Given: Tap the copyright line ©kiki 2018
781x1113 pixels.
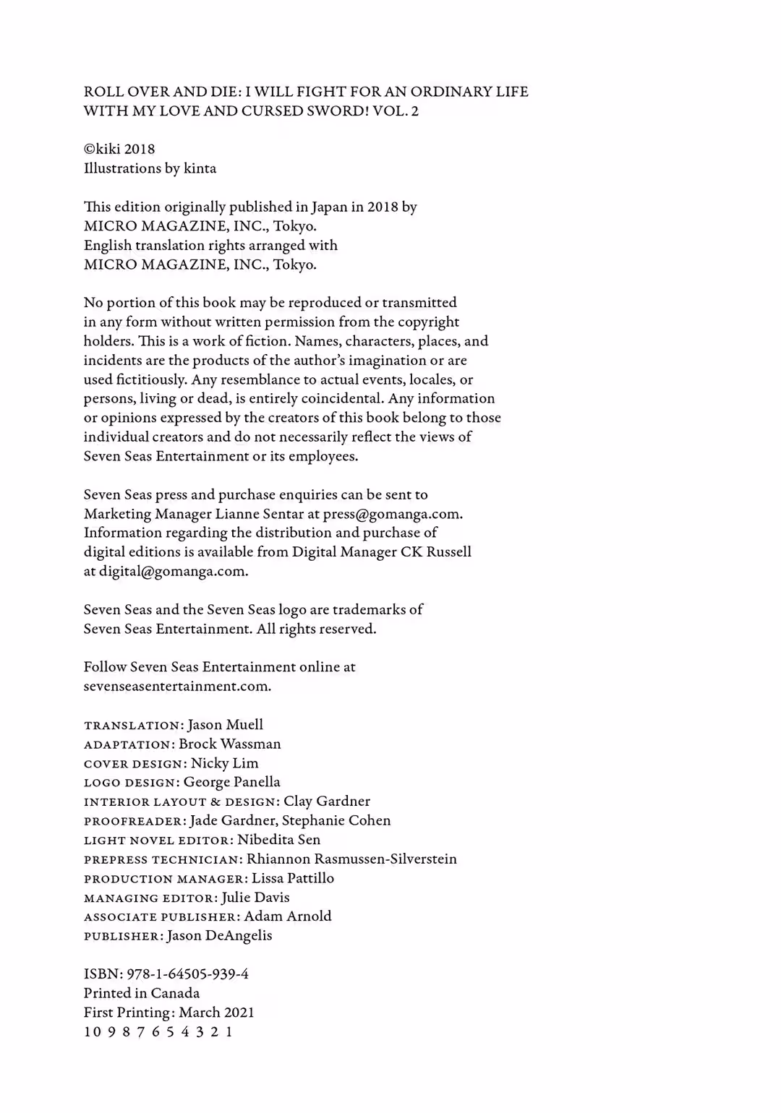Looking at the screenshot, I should tap(119, 150).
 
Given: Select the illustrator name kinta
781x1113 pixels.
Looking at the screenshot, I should tap(200, 168).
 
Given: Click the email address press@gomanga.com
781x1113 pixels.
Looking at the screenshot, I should tap(392, 514).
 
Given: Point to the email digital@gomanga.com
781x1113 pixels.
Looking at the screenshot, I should tap(173, 572).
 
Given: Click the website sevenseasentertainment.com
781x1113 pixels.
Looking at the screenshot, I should tap(177, 687).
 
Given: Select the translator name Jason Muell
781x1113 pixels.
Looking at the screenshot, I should tap(225, 725).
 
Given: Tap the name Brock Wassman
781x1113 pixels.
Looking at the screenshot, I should tap(230, 744).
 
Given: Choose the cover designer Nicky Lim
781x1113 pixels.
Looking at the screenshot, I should tap(224, 763).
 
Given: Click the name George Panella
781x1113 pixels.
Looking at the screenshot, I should tap(231, 782).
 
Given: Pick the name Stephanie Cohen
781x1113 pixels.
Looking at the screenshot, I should tap(336, 820).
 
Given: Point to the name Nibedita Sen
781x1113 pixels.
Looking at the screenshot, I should tap(278, 840).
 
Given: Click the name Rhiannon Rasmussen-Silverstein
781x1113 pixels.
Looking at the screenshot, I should tap(351, 859).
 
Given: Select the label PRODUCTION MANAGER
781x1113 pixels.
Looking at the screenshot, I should tap(165, 879).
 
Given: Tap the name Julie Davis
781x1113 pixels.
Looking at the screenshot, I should tap(255, 898).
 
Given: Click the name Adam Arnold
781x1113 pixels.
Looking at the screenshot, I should tap(288, 916).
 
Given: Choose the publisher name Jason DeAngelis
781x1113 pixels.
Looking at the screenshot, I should tap(220, 936).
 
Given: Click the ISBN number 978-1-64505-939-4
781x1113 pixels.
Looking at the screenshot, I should tap(187, 974).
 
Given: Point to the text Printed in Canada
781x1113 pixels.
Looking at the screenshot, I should tap(142, 994).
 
